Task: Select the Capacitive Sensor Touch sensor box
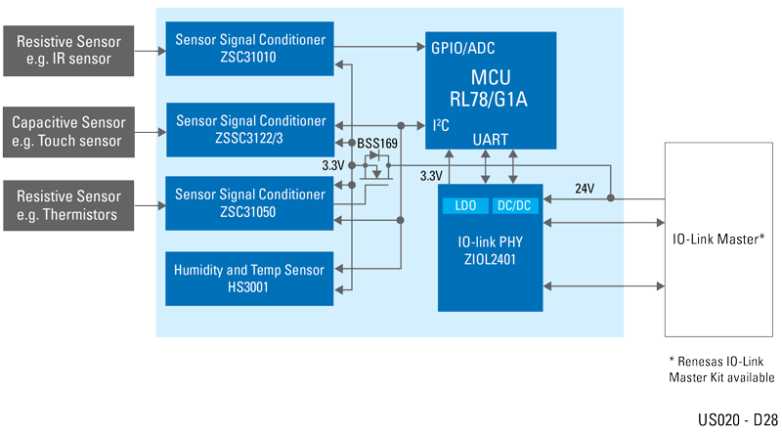69,132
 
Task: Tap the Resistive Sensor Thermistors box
69,204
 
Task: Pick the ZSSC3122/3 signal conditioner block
249,129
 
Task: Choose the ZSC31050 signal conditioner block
249,202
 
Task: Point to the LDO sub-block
464,205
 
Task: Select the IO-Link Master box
718,239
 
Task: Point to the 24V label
585,188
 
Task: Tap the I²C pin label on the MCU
441,125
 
